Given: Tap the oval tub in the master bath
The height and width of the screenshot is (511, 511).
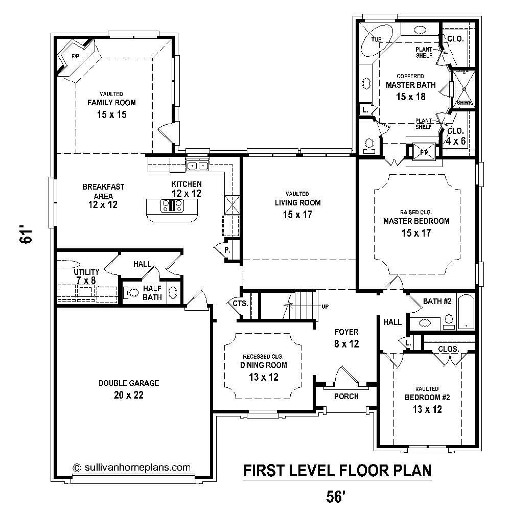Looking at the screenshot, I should point(377,42).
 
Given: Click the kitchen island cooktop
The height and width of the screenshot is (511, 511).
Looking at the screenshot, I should point(172,206).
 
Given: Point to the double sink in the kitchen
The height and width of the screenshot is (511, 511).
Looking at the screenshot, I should point(197,165).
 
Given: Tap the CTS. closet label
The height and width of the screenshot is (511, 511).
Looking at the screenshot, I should point(240,304).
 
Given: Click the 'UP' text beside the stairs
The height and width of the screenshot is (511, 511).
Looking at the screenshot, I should point(324,307).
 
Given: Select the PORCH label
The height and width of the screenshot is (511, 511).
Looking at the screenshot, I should point(346,397).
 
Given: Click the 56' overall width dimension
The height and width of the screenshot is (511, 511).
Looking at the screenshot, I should point(337,495).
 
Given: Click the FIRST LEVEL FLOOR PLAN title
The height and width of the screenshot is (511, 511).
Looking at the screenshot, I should point(337,470).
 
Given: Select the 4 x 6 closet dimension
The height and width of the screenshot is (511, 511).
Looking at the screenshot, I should point(456,141).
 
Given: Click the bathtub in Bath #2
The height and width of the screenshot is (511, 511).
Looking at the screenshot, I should point(467,312).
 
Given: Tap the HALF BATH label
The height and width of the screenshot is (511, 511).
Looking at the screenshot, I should point(152,293).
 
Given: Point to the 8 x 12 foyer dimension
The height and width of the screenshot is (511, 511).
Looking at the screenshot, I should point(346,344).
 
